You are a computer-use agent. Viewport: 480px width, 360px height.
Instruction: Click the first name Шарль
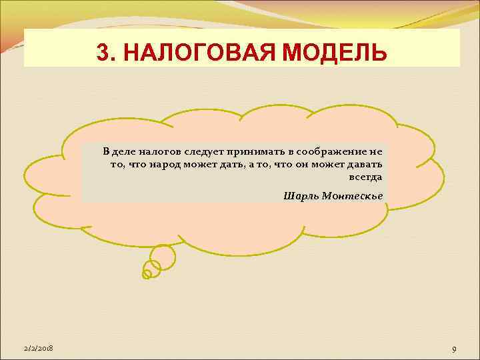298,195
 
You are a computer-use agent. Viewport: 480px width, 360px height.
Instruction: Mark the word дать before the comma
221,165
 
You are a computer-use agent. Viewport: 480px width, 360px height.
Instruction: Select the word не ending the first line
377,152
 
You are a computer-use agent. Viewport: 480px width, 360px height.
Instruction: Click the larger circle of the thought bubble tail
163,256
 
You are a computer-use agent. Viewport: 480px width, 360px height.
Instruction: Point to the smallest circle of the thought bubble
147,273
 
